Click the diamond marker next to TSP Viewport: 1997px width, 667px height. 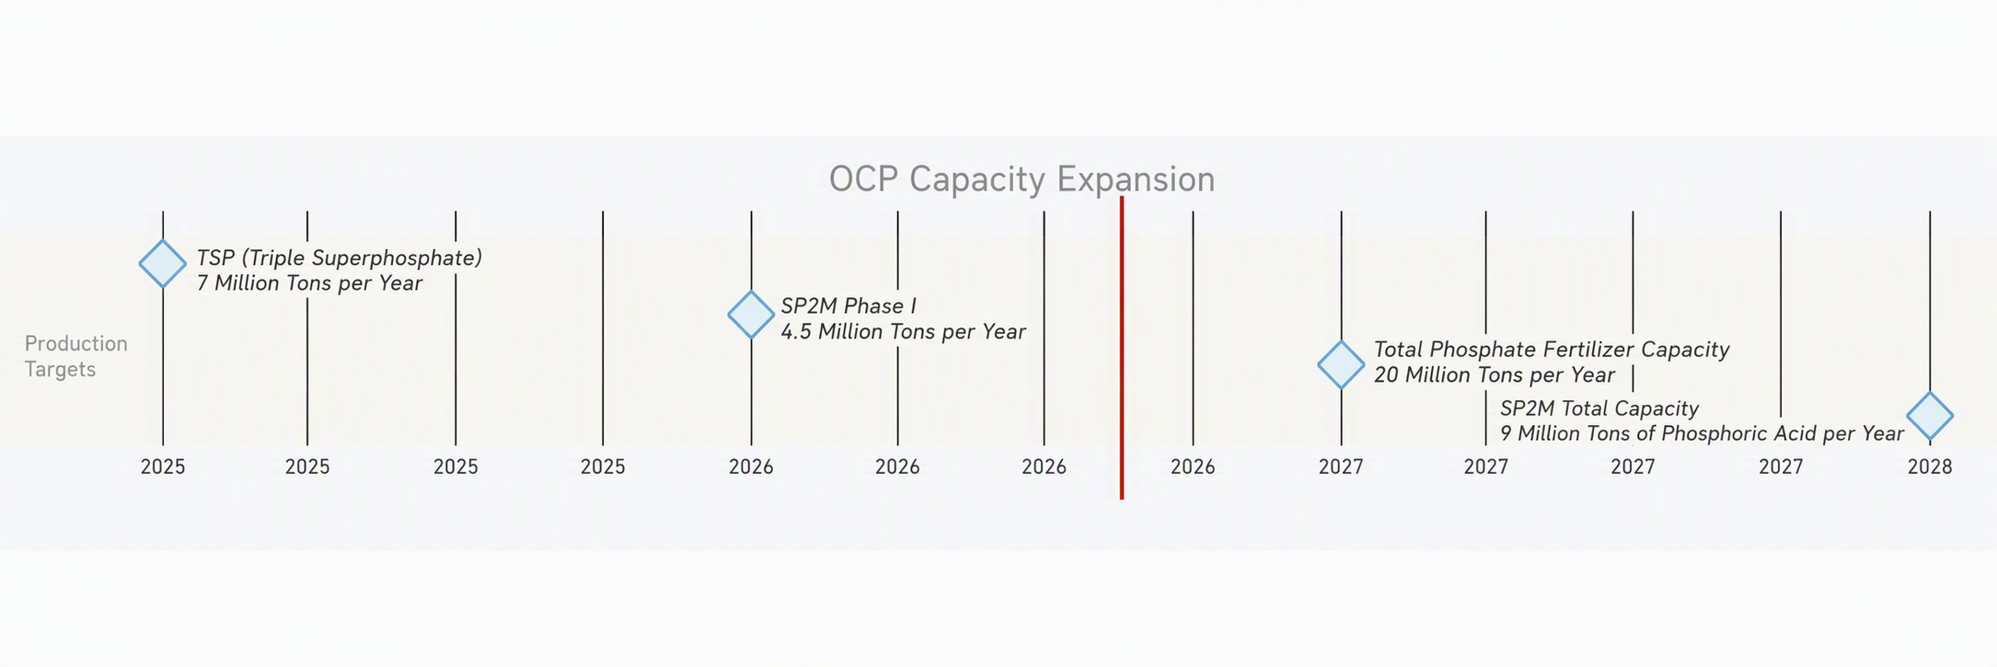163,264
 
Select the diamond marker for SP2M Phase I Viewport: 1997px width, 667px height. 751,315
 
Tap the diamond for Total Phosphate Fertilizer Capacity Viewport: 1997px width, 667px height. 1341,364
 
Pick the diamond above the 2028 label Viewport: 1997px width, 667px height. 1930,416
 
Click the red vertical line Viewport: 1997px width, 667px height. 1122,348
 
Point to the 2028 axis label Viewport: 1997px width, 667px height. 1930,467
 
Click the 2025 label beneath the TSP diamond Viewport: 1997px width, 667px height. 163,467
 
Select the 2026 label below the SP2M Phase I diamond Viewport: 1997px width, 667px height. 751,467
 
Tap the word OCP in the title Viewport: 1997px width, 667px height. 864,178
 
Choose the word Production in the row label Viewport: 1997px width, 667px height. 76,344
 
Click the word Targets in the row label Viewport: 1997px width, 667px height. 60,370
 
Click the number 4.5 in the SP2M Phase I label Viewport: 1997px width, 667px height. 796,331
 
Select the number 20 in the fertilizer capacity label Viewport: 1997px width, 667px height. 1386,375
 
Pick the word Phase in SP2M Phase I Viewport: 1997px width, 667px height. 873,306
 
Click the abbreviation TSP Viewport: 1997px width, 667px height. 215,259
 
